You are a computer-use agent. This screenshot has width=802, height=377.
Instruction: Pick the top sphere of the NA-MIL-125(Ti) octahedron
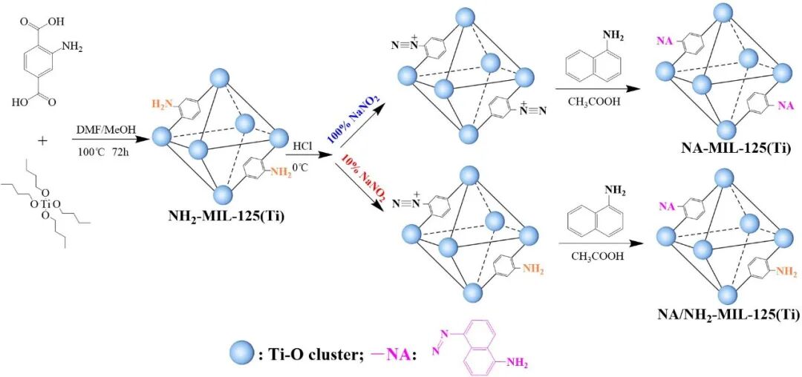point(719,13)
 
